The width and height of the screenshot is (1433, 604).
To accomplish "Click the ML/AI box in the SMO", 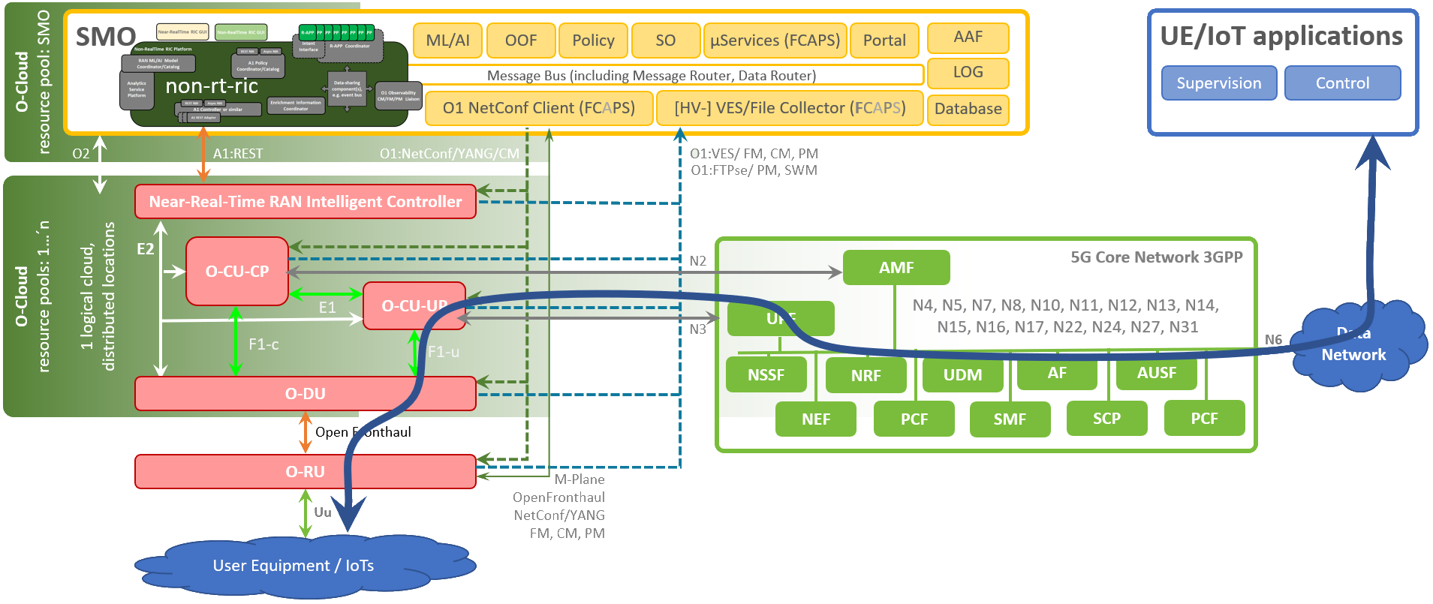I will [x=447, y=41].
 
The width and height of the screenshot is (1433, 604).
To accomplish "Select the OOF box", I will [x=521, y=41].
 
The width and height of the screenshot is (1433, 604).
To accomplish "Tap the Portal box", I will [x=884, y=41].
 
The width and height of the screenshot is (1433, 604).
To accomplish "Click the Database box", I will [x=968, y=109].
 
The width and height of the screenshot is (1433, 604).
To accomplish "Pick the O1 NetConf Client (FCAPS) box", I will [x=538, y=108].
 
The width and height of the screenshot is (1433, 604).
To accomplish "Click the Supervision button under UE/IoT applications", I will [x=1218, y=83].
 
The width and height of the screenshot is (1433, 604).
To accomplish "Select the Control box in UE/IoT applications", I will [x=1341, y=83].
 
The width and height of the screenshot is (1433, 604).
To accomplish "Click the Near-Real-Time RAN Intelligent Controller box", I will [x=305, y=202].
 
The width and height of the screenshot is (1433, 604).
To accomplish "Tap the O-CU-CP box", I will [x=237, y=272].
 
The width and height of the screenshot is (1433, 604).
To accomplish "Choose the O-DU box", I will [x=305, y=394].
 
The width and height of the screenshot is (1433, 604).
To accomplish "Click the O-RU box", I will [x=305, y=472].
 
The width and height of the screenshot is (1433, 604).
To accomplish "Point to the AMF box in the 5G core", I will [x=896, y=268].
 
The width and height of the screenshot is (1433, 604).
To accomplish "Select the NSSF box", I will [x=766, y=374].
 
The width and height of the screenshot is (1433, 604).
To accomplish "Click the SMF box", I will [x=1009, y=419].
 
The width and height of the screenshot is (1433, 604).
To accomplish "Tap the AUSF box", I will [x=1156, y=373].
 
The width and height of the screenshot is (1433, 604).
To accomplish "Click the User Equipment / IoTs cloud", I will [x=293, y=566].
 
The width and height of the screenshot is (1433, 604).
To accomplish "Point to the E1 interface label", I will [x=327, y=308].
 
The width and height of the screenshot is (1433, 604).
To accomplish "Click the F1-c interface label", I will [x=263, y=344].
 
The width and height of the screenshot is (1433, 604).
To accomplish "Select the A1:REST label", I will [x=238, y=154].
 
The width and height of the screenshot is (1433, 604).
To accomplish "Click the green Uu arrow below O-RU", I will [x=305, y=513].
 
